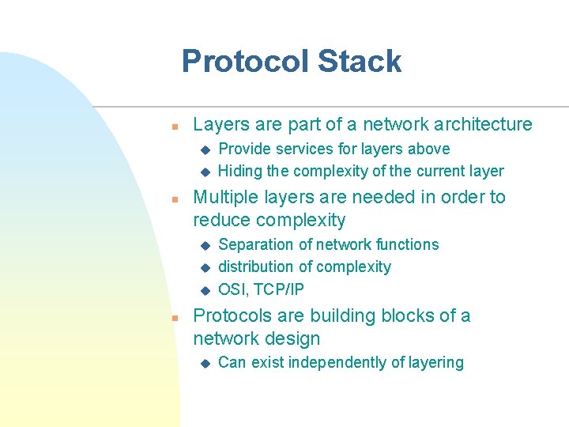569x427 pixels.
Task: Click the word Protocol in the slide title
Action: click(244, 61)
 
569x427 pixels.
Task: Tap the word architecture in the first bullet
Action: click(483, 124)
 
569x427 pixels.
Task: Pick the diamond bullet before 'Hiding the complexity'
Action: click(204, 172)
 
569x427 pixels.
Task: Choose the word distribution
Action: click(254, 266)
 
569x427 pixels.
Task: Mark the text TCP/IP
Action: click(277, 289)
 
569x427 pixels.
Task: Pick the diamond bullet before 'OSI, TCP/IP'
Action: click(204, 289)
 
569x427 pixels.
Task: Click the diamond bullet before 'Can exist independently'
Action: click(204, 363)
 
